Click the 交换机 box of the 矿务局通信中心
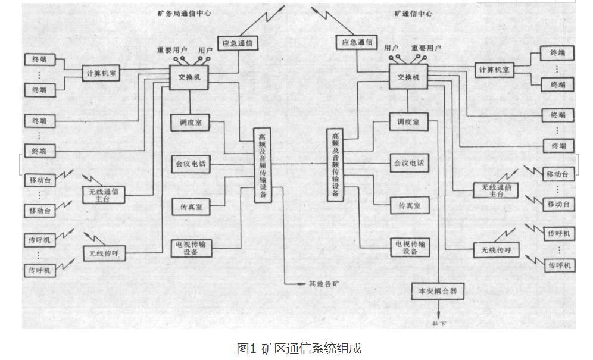click(x=189, y=77)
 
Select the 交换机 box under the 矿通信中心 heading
click(x=408, y=77)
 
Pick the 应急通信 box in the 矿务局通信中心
click(x=240, y=43)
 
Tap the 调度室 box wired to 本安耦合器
click(x=408, y=121)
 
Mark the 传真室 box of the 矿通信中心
click(x=409, y=205)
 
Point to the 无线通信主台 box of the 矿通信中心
click(x=495, y=190)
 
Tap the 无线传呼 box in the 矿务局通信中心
click(x=104, y=253)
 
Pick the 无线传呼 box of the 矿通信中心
click(x=492, y=250)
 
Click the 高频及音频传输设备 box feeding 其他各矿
click(x=262, y=165)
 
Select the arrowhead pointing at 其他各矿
click(x=302, y=284)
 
